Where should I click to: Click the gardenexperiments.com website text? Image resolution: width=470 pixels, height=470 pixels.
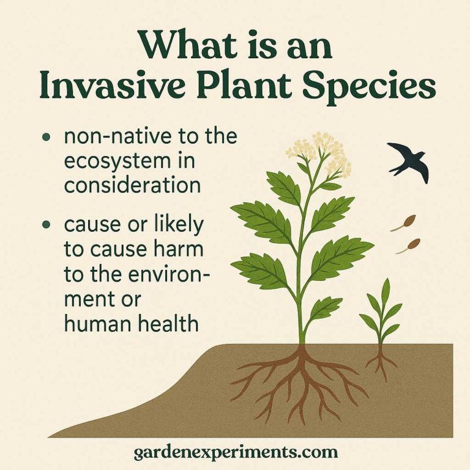coord(236,452)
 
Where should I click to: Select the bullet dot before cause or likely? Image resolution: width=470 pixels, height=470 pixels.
coord(47,226)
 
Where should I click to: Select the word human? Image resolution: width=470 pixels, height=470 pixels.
coord(92,323)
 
